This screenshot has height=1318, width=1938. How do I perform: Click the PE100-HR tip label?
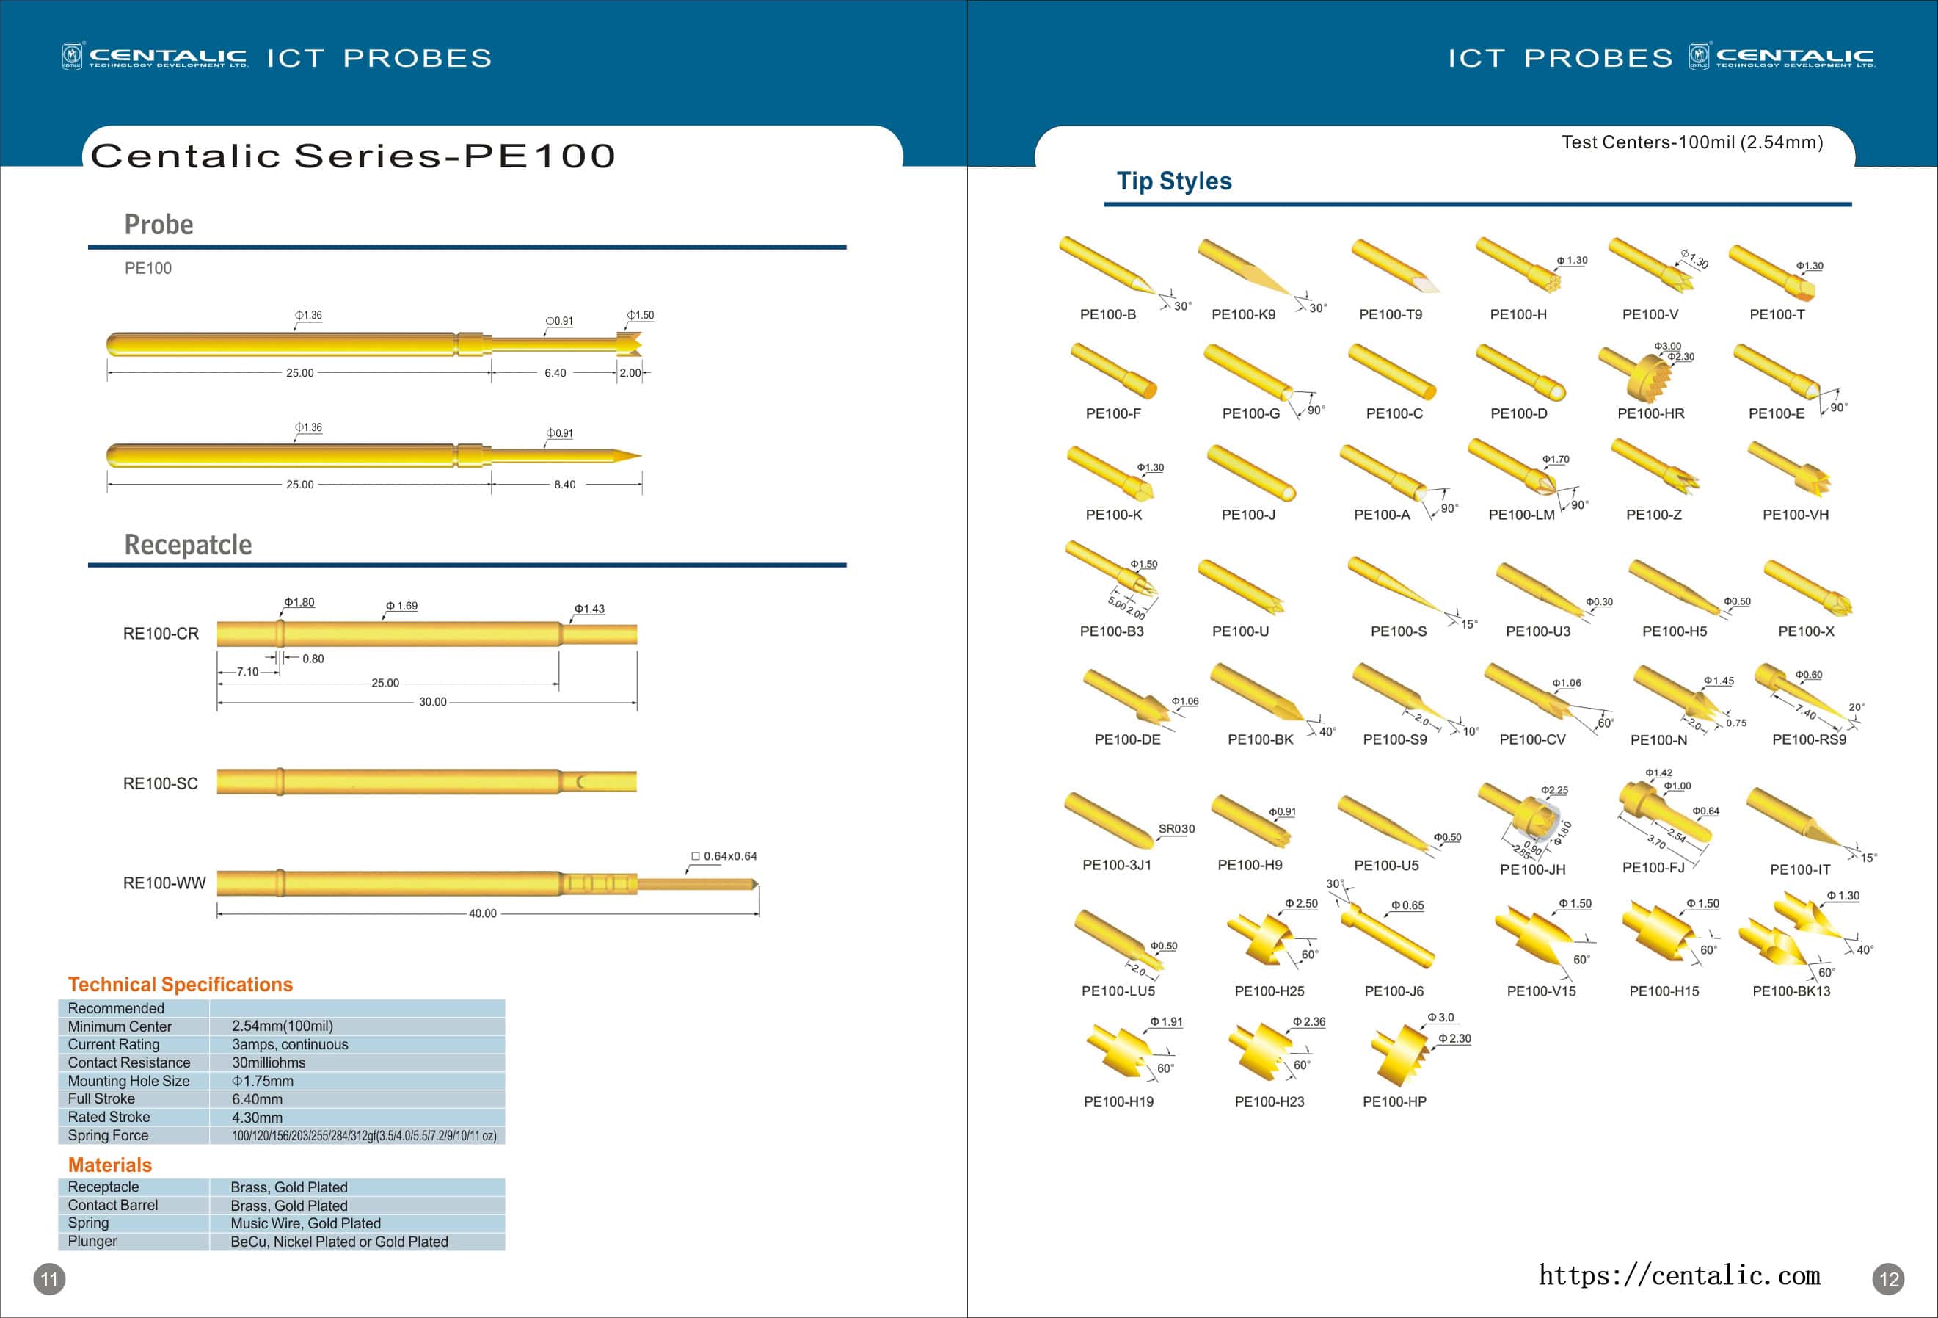pyautogui.click(x=1650, y=413)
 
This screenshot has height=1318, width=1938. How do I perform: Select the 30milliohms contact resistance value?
pyautogui.click(x=269, y=1062)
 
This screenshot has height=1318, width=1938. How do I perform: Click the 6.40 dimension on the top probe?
pyautogui.click(x=555, y=373)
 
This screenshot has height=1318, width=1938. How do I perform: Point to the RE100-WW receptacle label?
pyautogui.click(x=164, y=883)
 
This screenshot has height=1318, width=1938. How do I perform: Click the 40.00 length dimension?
pyautogui.click(x=482, y=913)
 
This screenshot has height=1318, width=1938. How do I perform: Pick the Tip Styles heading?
pyautogui.click(x=1173, y=181)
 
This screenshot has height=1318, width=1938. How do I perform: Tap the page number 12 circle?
pyautogui.click(x=1889, y=1279)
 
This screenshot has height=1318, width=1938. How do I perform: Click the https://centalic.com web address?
pyautogui.click(x=1679, y=1275)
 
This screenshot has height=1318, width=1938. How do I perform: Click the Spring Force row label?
pyautogui.click(x=109, y=1135)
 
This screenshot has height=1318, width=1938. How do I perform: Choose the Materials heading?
pyautogui.click(x=110, y=1165)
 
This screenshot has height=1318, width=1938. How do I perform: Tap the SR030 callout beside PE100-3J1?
pyautogui.click(x=1176, y=828)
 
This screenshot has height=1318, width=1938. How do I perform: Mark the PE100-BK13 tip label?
pyautogui.click(x=1791, y=991)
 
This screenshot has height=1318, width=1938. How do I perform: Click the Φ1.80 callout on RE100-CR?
pyautogui.click(x=299, y=602)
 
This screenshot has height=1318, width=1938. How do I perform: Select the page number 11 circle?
pyautogui.click(x=49, y=1279)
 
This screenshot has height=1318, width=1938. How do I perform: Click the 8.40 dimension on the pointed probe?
pyautogui.click(x=564, y=485)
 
